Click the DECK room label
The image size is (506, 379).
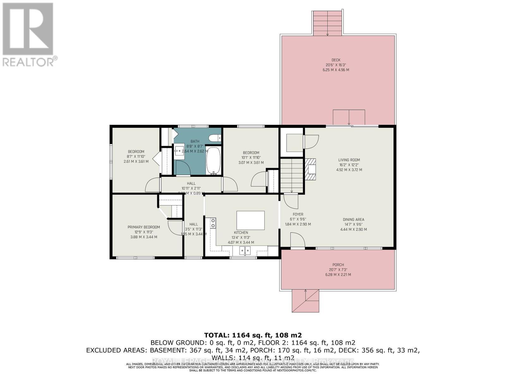click(x=336, y=60)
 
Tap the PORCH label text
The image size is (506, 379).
click(x=338, y=265)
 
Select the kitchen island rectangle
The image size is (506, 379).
click(x=250, y=220)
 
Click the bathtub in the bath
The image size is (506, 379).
click(x=214, y=160)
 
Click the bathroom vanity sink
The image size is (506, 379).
click(x=180, y=151)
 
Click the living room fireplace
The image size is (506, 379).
click(x=311, y=169)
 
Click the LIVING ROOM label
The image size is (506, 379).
click(x=349, y=160)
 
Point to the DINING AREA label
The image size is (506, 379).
click(x=354, y=220)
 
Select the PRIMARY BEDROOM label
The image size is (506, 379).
click(x=144, y=227)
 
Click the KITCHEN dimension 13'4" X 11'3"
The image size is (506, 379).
click(x=241, y=238)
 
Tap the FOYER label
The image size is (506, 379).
click(x=298, y=214)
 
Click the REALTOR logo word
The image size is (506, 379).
click(x=28, y=61)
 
